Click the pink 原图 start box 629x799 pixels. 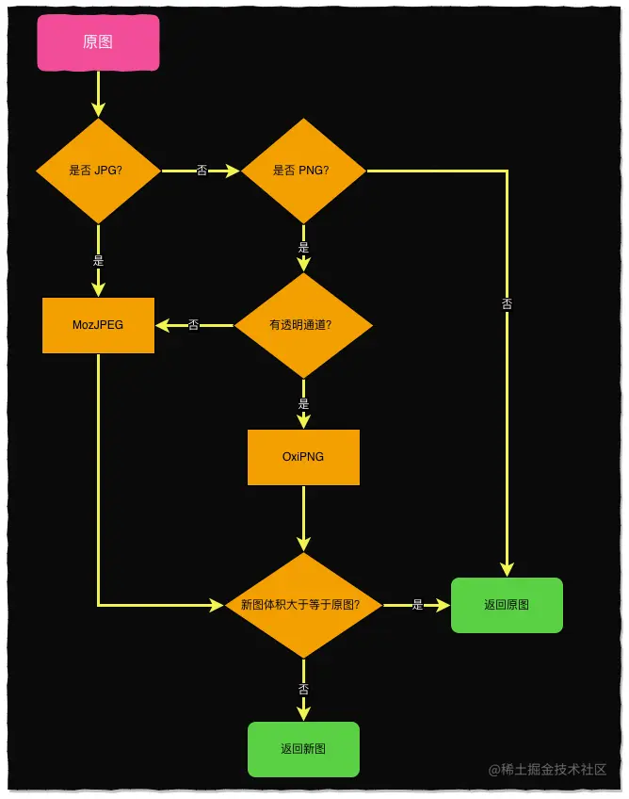(98, 43)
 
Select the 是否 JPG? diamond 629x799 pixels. (98, 171)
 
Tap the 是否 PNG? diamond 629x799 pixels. (303, 171)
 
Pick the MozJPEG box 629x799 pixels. (98, 325)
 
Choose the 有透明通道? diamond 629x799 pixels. (303, 325)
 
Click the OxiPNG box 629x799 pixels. (303, 457)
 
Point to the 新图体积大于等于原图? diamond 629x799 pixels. (303, 605)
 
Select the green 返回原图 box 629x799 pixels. (507, 605)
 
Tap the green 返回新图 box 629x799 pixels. (303, 749)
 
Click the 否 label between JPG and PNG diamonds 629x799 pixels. (202, 171)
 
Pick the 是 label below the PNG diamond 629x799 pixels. (303, 248)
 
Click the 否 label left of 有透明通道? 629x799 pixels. (193, 325)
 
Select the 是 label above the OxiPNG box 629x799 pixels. (303, 403)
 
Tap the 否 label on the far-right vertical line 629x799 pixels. (508, 304)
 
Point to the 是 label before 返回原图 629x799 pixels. (417, 605)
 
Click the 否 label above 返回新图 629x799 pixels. (303, 690)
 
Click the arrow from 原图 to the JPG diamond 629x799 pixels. (98, 94)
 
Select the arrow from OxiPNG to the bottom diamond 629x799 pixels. (303, 518)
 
